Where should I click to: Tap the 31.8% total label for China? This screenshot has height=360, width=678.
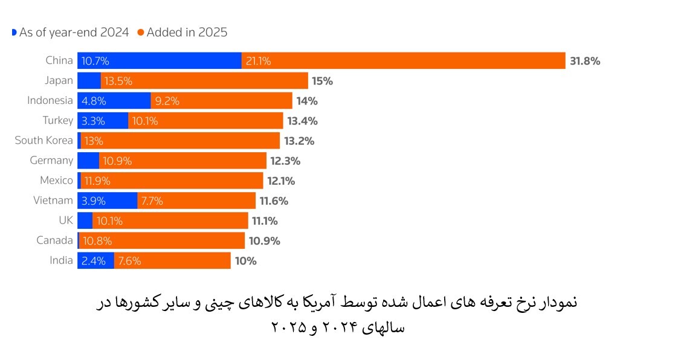[584, 60]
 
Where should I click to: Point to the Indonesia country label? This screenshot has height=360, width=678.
[50, 100]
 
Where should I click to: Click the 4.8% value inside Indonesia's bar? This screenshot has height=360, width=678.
[94, 101]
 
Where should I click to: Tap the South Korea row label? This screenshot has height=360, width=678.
[44, 140]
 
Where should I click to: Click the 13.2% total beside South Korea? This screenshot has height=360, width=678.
[300, 141]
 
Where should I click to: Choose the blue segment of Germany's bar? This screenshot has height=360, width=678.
[88, 160]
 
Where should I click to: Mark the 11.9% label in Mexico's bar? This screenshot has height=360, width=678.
[97, 181]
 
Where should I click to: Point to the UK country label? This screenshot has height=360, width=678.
[65, 220]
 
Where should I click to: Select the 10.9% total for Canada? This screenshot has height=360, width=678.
[265, 240]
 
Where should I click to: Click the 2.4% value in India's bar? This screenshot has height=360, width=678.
[94, 261]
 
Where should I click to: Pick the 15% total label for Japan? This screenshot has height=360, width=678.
[323, 81]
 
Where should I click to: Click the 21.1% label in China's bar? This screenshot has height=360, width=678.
[258, 61]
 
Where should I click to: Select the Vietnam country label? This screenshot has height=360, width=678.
[53, 200]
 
